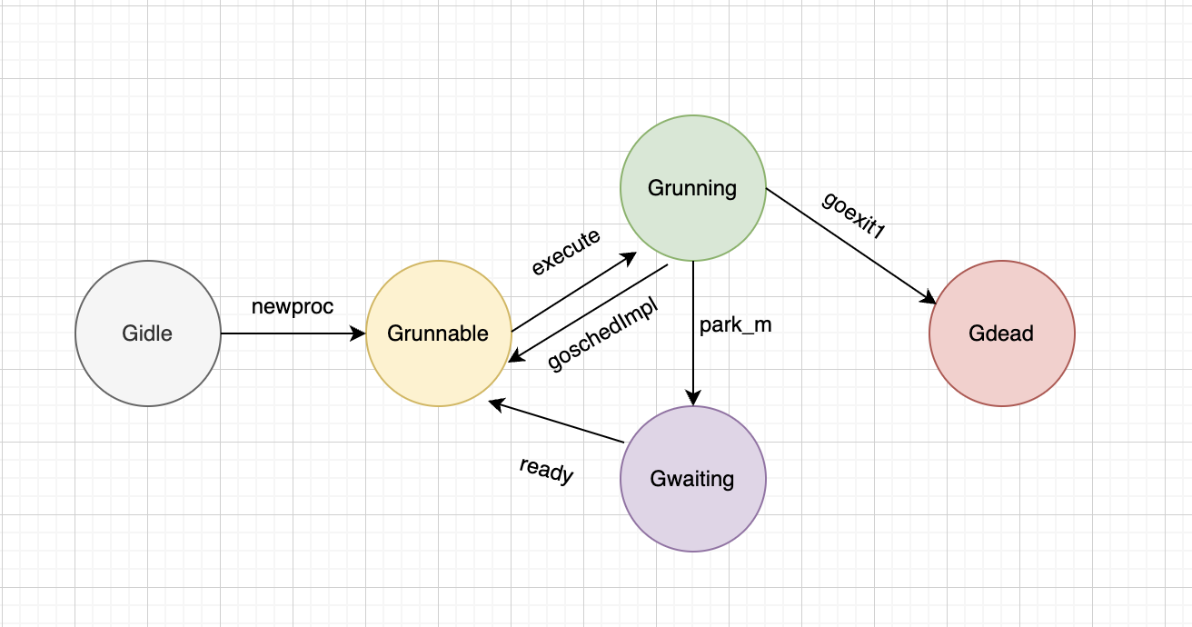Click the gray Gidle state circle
pos(148,363)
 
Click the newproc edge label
pos(292,307)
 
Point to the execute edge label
pos(566,252)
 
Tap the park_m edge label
pos(735,325)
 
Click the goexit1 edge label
pos(853,215)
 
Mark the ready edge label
pos(546,470)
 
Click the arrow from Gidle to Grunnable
pos(291,333)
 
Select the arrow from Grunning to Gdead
pos(849,245)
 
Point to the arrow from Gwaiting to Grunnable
pos(556,422)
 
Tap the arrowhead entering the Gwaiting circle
pos(693,398)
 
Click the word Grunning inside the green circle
pos(692,188)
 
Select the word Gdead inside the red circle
pos(1001,333)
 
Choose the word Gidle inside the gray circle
pos(147,333)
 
